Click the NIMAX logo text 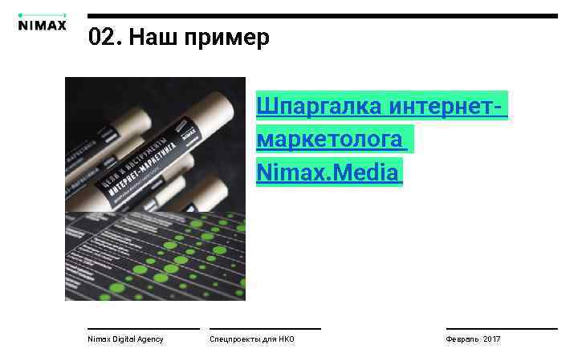pos(42,24)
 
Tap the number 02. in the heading pos(104,38)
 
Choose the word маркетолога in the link pos(330,139)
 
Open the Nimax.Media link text pos(328,171)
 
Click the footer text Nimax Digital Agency pos(125,339)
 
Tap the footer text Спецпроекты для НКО pos(251,339)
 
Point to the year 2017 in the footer pos(491,339)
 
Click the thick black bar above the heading pos(322,16)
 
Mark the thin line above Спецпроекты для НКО pos(265,328)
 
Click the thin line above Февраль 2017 pos(502,328)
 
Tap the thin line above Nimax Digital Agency pos(143,328)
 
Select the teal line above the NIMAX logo pos(42,14)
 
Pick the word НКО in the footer pos(287,339)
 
